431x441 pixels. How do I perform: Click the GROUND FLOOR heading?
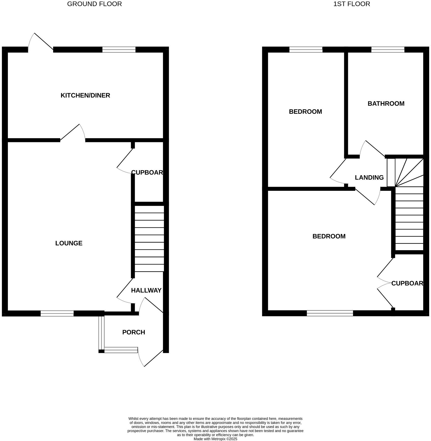pyautogui.click(x=94, y=4)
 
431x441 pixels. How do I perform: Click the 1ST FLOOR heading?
pyautogui.click(x=351, y=4)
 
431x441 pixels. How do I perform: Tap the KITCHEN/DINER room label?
pyautogui.click(x=85, y=96)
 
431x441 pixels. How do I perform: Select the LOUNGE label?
pyautogui.click(x=69, y=243)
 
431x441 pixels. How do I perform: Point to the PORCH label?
pyautogui.click(x=134, y=332)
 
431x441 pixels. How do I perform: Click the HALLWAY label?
pyautogui.click(x=146, y=290)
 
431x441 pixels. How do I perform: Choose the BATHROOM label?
pyautogui.click(x=386, y=104)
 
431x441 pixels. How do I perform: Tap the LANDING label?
pyautogui.click(x=369, y=178)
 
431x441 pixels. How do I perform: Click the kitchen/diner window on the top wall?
pyautogui.click(x=119, y=50)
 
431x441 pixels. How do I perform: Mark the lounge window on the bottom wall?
pyautogui.click(x=57, y=313)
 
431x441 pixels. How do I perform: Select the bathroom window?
pyautogui.click(x=388, y=50)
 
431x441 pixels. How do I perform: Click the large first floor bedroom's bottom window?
pyautogui.click(x=330, y=313)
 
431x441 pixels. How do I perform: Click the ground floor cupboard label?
pyautogui.click(x=147, y=172)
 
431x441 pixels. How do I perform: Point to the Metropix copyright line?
pyautogui.click(x=215, y=439)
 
